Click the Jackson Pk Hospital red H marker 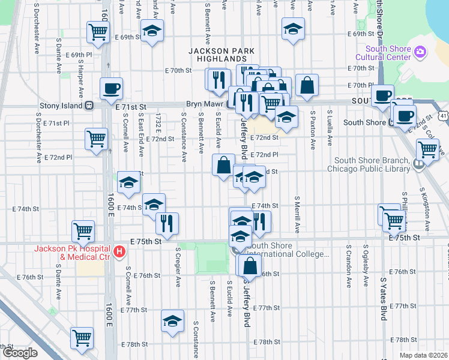pyautogui.click(x=119, y=250)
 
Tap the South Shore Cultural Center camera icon pyautogui.click(x=420, y=53)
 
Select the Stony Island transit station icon pyautogui.click(x=89, y=105)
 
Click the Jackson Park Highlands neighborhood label pyautogui.click(x=221, y=56)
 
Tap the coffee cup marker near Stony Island pyautogui.click(x=111, y=89)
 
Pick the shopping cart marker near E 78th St pyautogui.click(x=81, y=338)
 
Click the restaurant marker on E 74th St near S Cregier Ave pyautogui.click(x=167, y=223)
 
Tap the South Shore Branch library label pyautogui.click(x=372, y=164)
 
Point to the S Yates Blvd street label pyautogui.click(x=383, y=299)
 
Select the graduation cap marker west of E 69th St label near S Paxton pyautogui.click(x=293, y=29)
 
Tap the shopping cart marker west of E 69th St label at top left pyautogui.click(x=98, y=32)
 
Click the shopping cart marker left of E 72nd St pyautogui.click(x=96, y=139)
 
